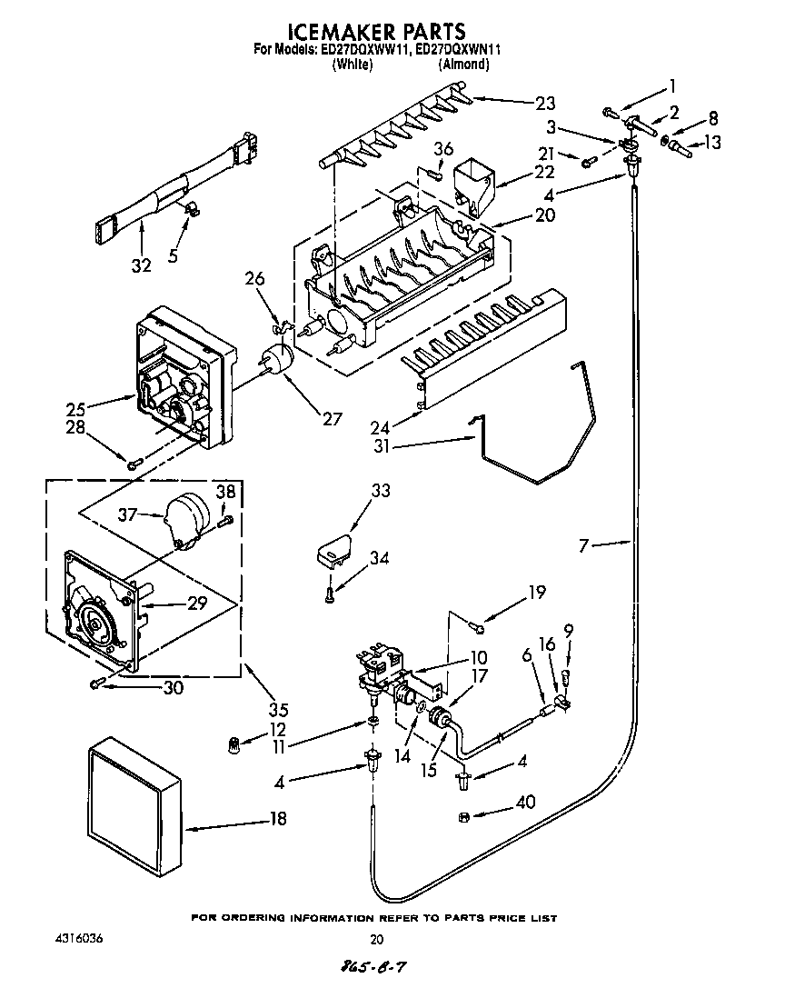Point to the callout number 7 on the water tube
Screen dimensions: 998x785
(x=584, y=545)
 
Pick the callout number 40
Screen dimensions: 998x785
(x=524, y=803)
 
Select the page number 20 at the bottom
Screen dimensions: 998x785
(x=377, y=940)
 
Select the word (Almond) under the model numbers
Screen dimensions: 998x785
(x=463, y=65)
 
